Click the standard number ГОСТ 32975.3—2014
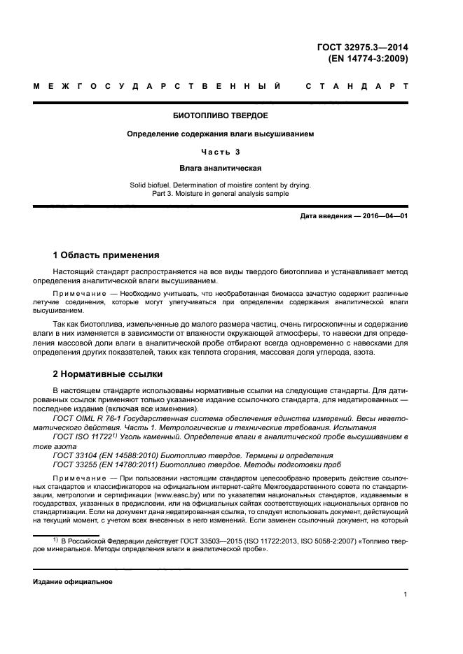[363, 47]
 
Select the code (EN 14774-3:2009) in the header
[368, 59]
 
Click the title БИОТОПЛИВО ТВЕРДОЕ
[220, 115]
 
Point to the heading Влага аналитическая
[220, 168]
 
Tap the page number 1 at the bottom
[406, 595]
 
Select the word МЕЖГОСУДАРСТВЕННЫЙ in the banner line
[158, 87]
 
